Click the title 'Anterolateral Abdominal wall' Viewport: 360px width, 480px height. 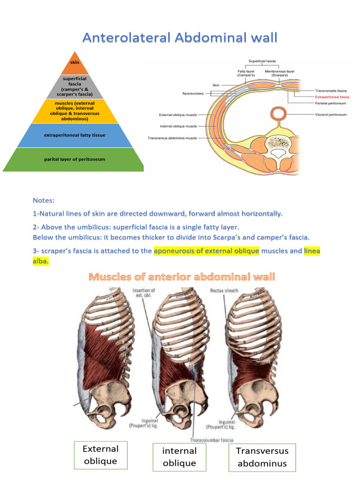(180, 37)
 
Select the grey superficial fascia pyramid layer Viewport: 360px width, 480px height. (75, 87)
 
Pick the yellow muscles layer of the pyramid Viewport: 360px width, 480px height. (75, 111)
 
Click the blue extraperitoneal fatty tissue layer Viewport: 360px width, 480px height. (75, 135)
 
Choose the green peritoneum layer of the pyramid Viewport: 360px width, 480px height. (75, 159)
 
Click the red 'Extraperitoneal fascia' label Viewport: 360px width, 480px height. (332, 97)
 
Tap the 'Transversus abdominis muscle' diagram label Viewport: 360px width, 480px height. (172, 138)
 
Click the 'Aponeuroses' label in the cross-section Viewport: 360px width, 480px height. (193, 94)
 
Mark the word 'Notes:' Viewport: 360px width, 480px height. (44, 200)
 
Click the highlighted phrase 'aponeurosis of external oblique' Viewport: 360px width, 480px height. (206, 251)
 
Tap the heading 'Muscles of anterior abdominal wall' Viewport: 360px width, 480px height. (182, 277)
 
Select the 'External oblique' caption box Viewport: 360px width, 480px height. (100, 455)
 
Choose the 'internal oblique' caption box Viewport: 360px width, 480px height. (179, 457)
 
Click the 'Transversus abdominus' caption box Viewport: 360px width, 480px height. (262, 457)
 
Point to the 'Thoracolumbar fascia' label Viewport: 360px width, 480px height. (211, 440)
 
